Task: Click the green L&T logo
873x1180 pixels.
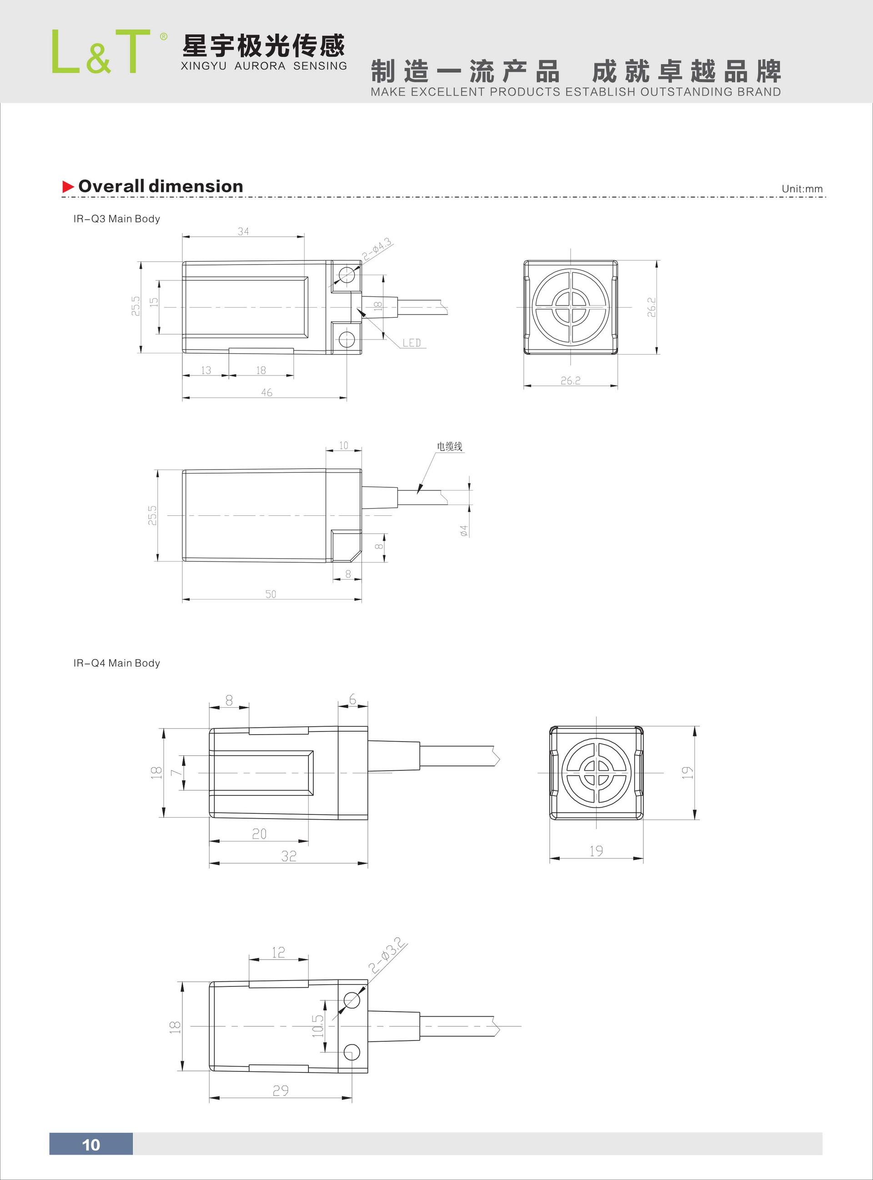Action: click(x=100, y=52)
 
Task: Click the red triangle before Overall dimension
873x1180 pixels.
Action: click(x=68, y=186)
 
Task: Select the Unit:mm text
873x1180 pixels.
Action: click(x=802, y=189)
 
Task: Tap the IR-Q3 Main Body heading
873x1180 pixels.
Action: click(x=116, y=219)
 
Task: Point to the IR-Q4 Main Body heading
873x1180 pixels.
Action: click(x=116, y=663)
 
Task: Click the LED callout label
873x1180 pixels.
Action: click(x=411, y=343)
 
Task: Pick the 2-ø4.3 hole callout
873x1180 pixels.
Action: click(x=377, y=249)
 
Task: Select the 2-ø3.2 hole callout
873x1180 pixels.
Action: click(x=388, y=955)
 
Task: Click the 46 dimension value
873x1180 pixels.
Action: click(x=266, y=392)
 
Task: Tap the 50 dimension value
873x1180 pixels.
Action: click(x=271, y=594)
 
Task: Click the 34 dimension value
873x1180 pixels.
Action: click(x=243, y=231)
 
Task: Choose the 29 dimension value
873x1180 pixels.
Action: click(x=280, y=1090)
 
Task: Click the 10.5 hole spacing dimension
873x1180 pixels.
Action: click(x=317, y=1026)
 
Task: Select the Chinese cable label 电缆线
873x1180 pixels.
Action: click(x=449, y=446)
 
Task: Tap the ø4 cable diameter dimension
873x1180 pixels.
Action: click(x=464, y=530)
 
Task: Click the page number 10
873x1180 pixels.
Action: click(x=91, y=1145)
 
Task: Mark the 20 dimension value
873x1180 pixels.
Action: click(x=259, y=834)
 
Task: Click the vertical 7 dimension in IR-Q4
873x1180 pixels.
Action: click(x=176, y=772)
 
